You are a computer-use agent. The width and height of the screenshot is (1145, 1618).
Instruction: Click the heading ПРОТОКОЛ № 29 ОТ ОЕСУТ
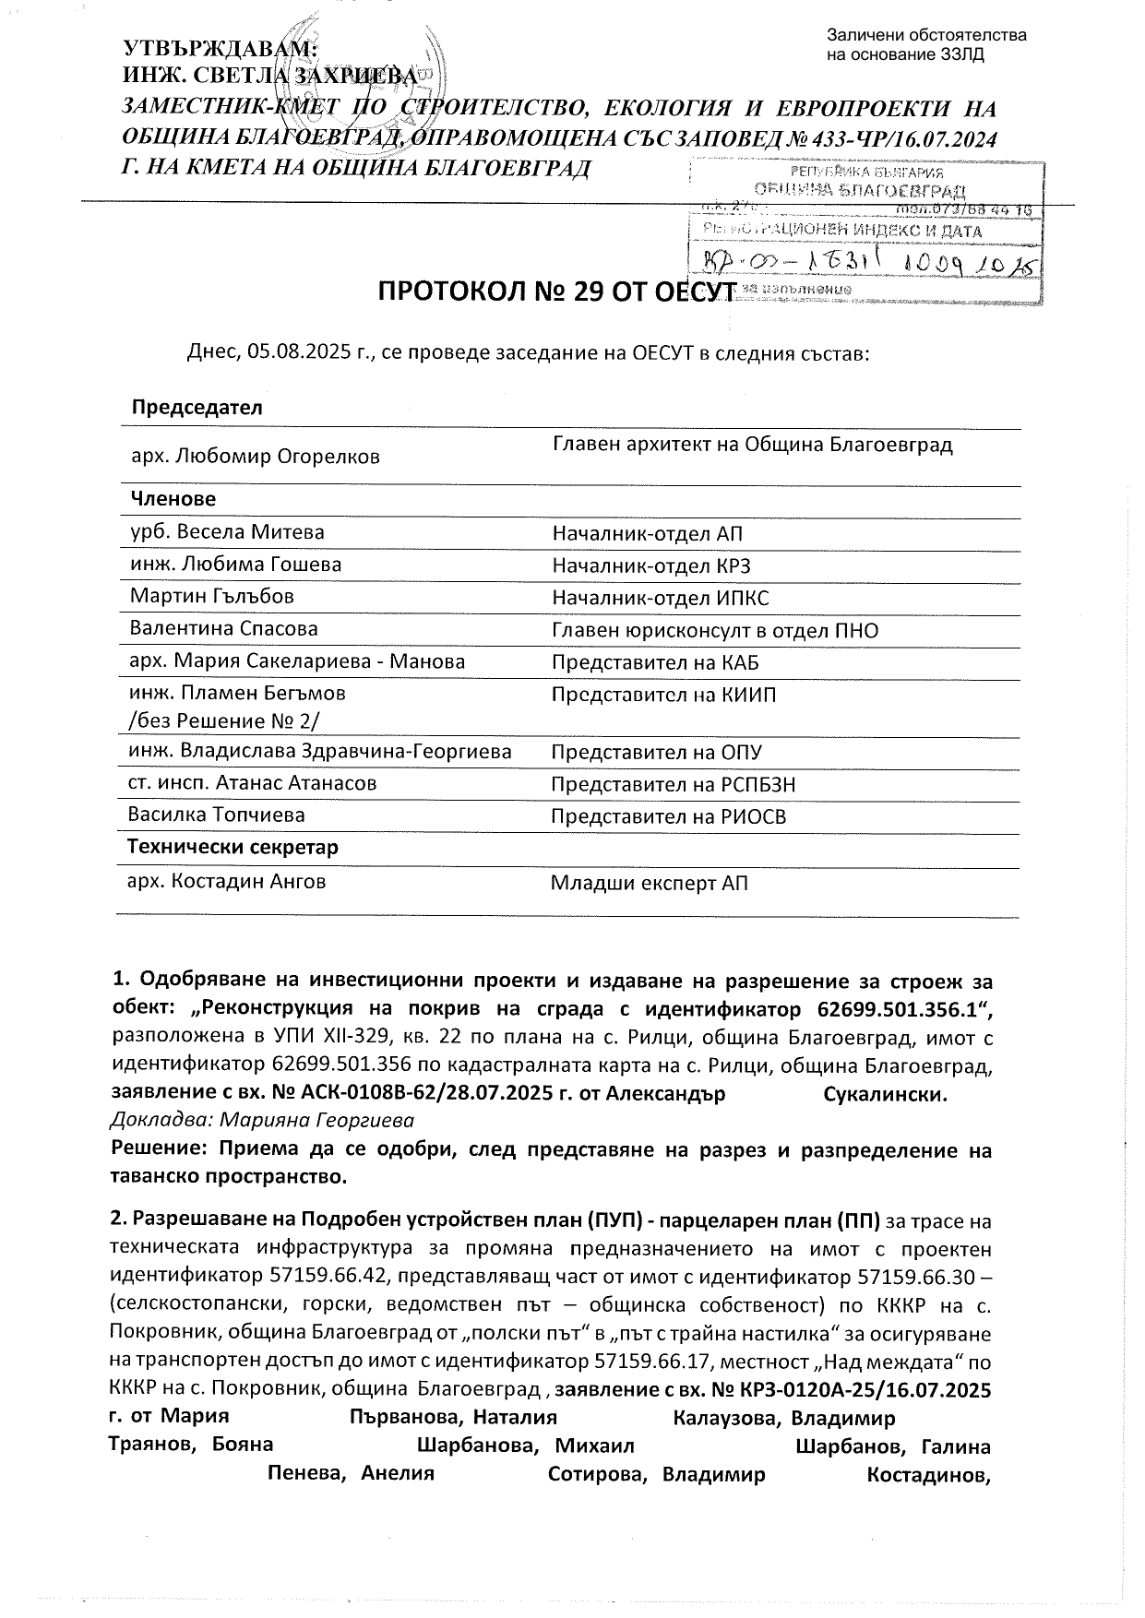point(556,292)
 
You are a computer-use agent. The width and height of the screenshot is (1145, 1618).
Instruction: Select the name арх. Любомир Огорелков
point(256,456)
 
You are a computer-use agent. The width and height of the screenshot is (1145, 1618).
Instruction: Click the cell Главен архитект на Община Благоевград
point(752,446)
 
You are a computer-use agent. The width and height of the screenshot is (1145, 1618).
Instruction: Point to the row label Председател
point(197,408)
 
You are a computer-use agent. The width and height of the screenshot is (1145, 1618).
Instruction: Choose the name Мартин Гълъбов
point(212,597)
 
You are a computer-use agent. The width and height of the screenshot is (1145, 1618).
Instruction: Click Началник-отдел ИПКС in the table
point(660,599)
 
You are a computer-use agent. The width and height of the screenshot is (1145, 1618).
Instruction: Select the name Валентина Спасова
point(224,629)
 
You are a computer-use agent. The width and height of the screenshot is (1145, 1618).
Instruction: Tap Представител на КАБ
point(655,662)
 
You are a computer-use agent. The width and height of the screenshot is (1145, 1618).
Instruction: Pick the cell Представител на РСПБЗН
point(673,785)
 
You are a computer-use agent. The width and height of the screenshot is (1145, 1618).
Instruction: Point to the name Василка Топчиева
point(217,815)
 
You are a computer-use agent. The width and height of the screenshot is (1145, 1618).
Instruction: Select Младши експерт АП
point(650,884)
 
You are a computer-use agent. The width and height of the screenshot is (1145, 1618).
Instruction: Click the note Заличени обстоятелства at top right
point(926,36)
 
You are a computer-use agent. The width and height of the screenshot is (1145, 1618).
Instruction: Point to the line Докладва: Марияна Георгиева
point(262,1121)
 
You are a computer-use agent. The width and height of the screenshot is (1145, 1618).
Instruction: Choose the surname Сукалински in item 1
point(885,1095)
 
